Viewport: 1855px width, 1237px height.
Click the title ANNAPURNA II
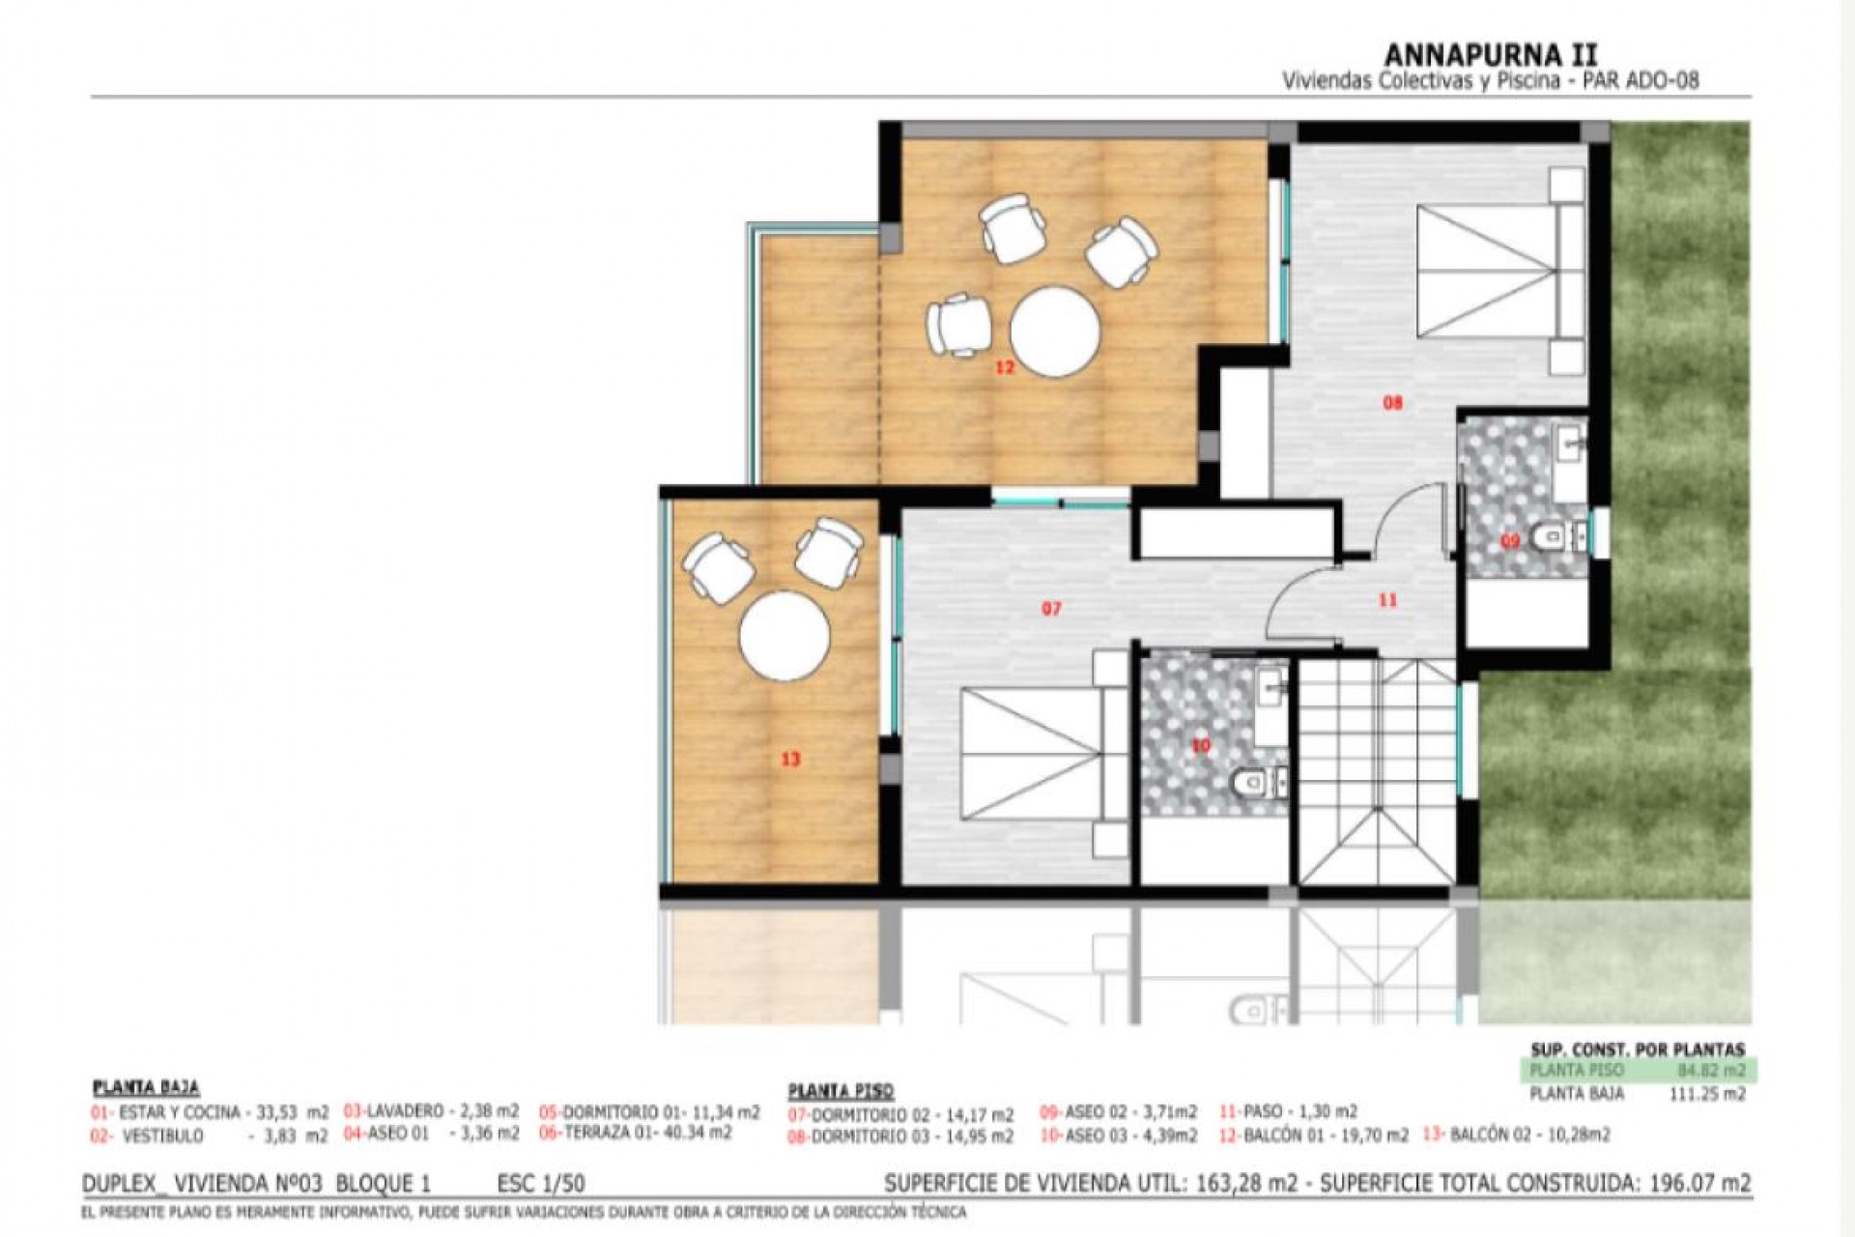[x=1491, y=54]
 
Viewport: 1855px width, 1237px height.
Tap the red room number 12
[x=1005, y=368]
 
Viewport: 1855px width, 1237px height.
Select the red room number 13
[x=790, y=760]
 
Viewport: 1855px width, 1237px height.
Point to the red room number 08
[x=1391, y=403]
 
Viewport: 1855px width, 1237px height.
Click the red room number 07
[x=1051, y=609]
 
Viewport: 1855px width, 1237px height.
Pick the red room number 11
[x=1387, y=600]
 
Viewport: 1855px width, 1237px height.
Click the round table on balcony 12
[x=1055, y=331]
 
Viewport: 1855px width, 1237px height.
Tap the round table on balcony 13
[x=785, y=636]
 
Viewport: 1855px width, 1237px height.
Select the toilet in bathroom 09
[x=1552, y=534]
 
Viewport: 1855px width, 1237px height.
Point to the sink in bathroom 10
[x=1271, y=687]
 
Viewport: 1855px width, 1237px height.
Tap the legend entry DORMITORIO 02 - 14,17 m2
[x=901, y=1115]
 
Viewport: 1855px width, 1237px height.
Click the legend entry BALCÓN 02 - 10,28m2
[x=1516, y=1135]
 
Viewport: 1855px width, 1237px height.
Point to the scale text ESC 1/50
[x=540, y=1184]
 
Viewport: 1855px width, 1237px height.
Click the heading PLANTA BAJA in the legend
[x=146, y=1088]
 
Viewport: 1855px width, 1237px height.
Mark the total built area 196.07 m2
[x=1709, y=1184]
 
